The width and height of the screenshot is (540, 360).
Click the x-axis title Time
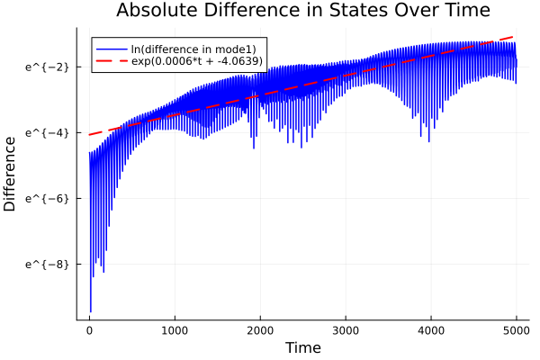pyautogui.click(x=302, y=347)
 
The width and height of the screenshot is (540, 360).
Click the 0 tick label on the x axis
pyautogui.click(x=89, y=330)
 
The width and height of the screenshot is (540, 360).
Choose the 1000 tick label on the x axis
pyautogui.click(x=175, y=330)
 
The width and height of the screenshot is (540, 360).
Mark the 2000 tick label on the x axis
pyautogui.click(x=260, y=330)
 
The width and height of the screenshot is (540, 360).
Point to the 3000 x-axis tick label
pyautogui.click(x=346, y=330)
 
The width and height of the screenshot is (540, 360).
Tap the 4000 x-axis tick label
pyautogui.click(x=431, y=330)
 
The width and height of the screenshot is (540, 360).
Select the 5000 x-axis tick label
pyautogui.click(x=516, y=330)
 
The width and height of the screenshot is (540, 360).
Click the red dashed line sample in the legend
pyautogui.click(x=112, y=61)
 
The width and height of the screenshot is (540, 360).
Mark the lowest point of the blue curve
pyautogui.click(x=90, y=311)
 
